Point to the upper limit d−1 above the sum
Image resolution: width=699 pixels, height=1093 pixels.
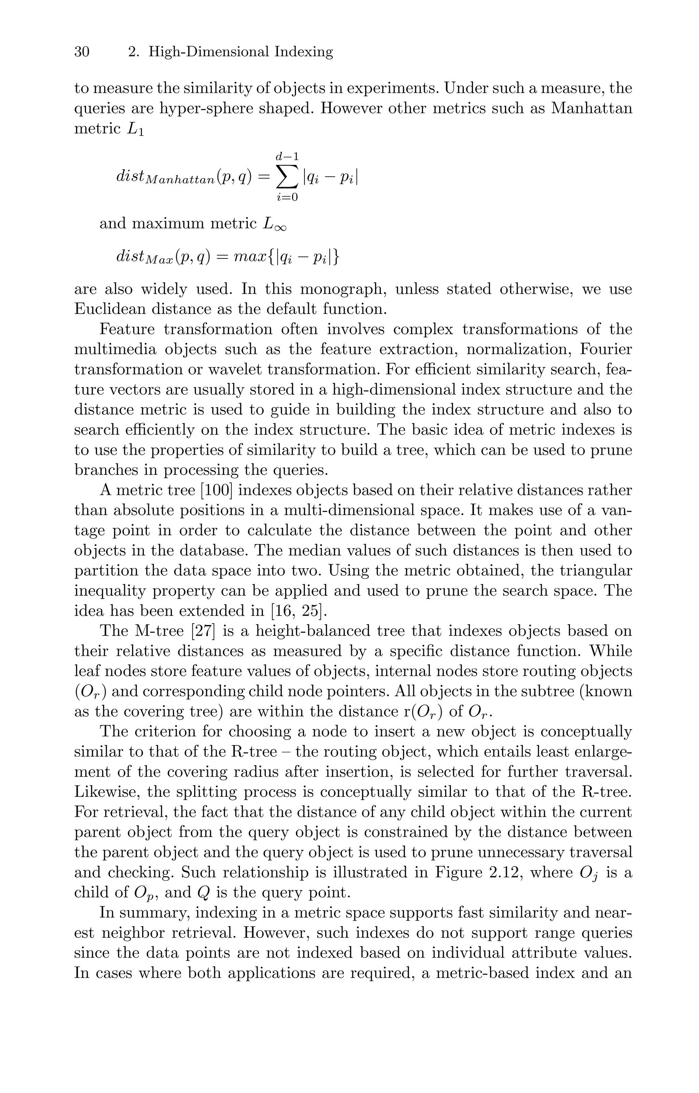(287, 157)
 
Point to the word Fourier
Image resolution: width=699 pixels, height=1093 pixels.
(606, 350)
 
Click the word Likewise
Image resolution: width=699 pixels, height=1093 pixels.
(106, 792)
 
